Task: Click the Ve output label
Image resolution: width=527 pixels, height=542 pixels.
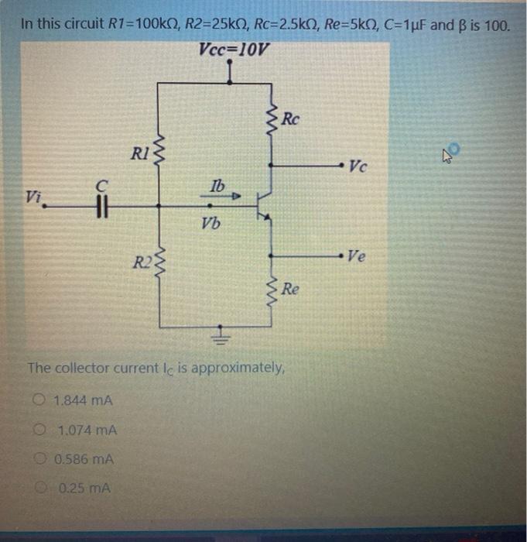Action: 358,255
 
